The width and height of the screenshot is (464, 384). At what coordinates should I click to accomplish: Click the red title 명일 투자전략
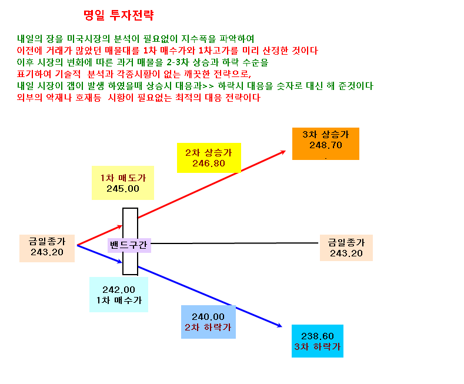point(119,15)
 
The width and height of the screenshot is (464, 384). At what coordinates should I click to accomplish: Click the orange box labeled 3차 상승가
point(326,143)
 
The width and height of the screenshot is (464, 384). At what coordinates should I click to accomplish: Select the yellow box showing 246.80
point(209,158)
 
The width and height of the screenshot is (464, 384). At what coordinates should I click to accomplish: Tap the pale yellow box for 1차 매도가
point(123,183)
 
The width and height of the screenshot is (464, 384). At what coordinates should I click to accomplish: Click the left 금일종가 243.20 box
point(47,249)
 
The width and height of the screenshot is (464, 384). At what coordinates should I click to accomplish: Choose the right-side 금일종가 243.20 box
point(346,248)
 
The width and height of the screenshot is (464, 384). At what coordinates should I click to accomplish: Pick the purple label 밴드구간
point(129,245)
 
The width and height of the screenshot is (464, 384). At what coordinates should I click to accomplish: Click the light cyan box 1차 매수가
point(119,295)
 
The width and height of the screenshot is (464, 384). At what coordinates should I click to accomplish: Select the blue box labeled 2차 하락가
point(208,322)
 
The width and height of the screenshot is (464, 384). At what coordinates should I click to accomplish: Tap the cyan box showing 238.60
point(318,341)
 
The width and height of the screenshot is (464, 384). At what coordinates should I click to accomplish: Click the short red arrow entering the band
point(100,235)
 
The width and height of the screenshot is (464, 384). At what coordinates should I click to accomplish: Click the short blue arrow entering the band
point(100,254)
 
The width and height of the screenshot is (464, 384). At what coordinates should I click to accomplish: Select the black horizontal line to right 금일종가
point(235,243)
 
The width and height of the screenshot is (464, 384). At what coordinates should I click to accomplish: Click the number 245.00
point(123,189)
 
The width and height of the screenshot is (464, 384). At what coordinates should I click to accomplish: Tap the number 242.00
point(119,290)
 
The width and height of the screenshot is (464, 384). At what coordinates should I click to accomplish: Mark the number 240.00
point(208,317)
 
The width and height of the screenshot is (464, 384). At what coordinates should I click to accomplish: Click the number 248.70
point(326,145)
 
